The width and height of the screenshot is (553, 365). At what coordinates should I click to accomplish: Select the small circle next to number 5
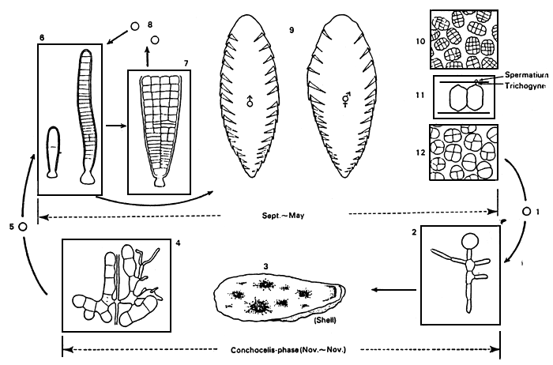tap(23, 227)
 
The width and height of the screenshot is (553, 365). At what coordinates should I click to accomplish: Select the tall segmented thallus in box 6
tap(85, 115)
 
